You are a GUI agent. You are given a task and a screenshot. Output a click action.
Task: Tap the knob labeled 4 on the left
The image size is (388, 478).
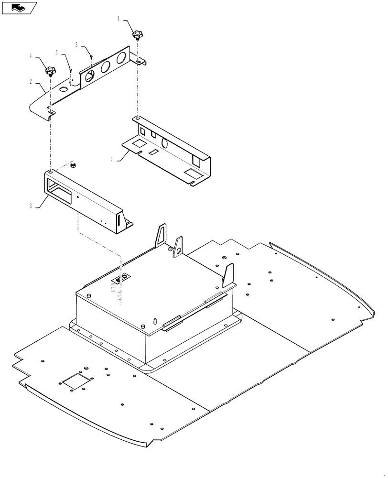(50, 71)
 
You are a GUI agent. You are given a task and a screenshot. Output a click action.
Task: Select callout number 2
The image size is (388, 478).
(31, 82)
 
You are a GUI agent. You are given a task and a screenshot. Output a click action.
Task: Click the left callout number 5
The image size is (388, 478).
(56, 52)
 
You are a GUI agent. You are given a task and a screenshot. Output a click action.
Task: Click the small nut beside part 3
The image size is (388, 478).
(73, 166)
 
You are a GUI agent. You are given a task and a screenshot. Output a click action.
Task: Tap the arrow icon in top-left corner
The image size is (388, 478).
(19, 8)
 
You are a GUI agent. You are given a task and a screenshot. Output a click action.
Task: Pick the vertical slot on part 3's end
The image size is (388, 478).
(116, 222)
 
